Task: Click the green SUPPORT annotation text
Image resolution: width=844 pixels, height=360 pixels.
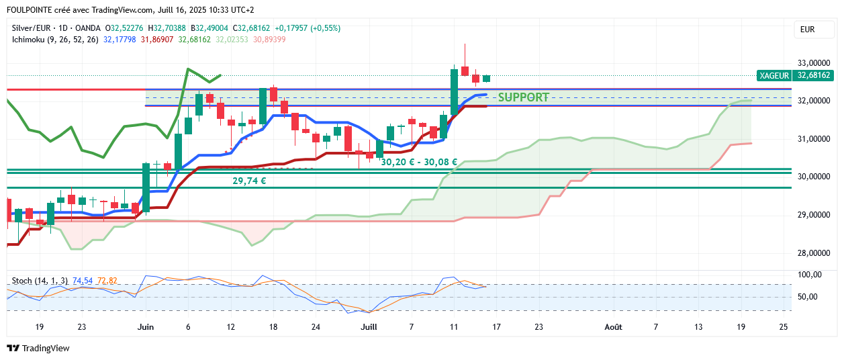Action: click(523, 97)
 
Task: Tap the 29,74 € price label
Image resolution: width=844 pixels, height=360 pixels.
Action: click(249, 181)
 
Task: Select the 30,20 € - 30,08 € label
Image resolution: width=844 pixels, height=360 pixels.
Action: click(419, 162)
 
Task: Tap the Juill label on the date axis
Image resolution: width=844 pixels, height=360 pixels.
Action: click(369, 327)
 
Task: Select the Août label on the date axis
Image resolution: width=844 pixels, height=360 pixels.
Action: click(612, 327)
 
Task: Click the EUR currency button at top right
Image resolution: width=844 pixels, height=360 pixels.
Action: click(807, 30)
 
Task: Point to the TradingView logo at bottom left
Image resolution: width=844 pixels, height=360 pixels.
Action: click(38, 349)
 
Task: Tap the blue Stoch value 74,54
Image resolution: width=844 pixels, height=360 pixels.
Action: click(83, 280)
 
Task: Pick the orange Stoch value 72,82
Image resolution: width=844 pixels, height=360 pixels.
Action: click(107, 280)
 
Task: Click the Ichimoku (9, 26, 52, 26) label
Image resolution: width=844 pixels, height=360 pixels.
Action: click(55, 40)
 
